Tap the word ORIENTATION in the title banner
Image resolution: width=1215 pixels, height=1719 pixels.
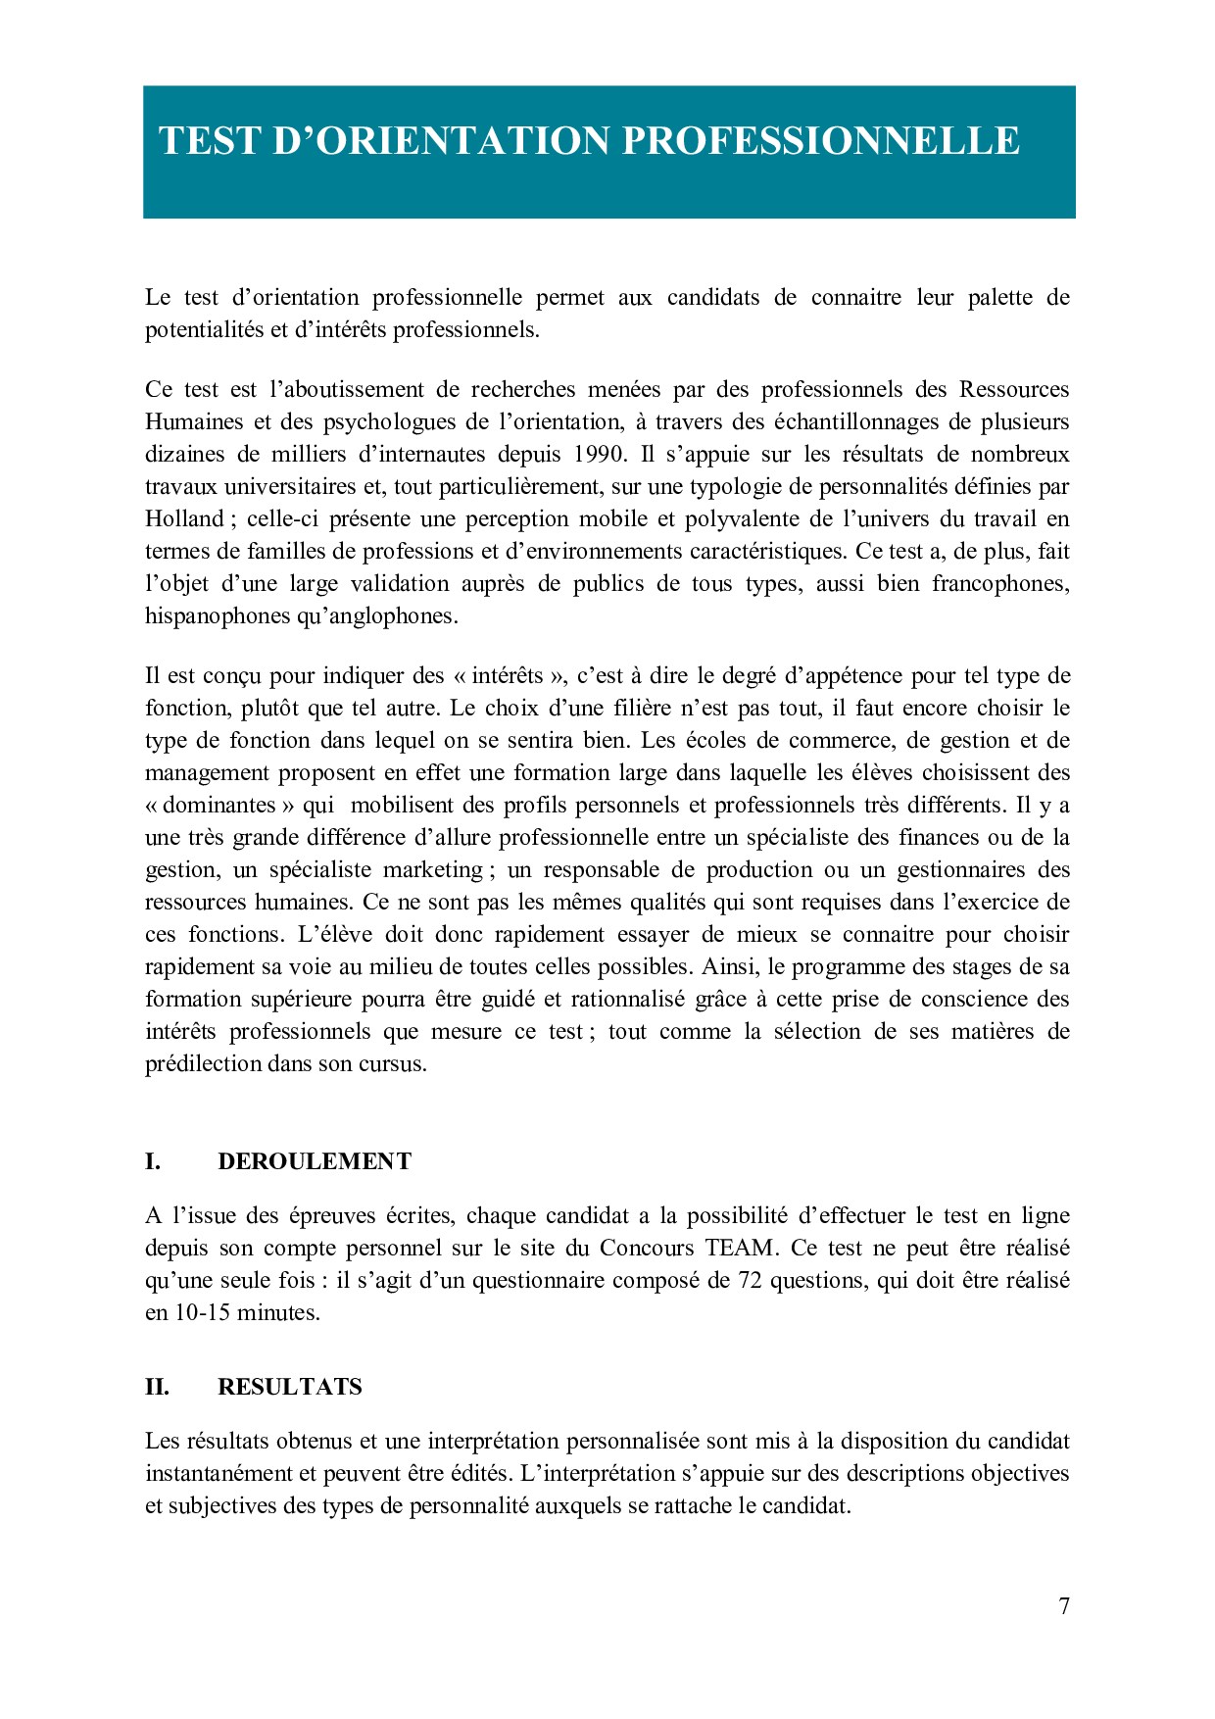point(462,141)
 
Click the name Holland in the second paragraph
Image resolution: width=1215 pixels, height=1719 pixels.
point(184,519)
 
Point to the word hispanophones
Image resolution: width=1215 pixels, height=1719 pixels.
point(217,616)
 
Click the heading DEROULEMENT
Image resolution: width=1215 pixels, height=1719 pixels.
point(315,1161)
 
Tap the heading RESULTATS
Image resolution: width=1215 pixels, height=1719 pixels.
point(290,1387)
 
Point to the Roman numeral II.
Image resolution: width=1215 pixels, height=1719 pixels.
point(157,1387)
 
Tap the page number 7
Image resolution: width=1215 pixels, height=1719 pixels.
point(1064,1606)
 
